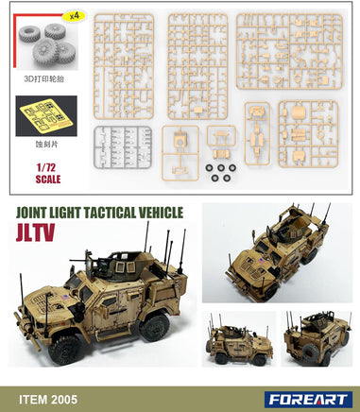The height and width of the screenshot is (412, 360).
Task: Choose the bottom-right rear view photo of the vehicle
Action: pos(317,338)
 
